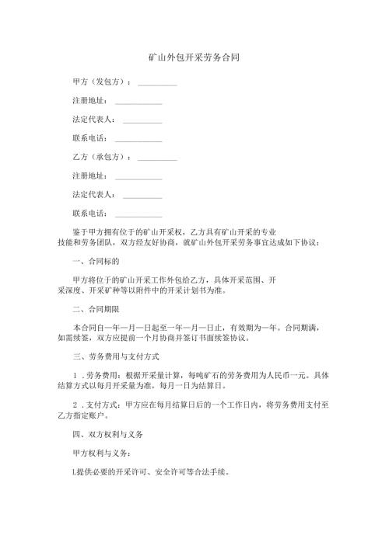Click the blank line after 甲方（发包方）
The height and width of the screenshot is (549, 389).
pyautogui.click(x=157, y=84)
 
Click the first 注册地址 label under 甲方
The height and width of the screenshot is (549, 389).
pyautogui.click(x=89, y=101)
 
